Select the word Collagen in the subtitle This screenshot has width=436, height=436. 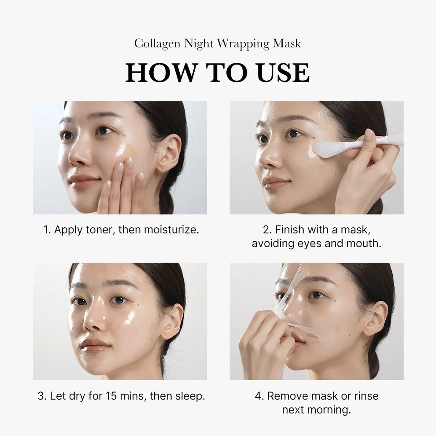[x=157, y=44]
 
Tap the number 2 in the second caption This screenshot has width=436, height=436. [x=266, y=229]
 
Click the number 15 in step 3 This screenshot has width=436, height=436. [x=111, y=395]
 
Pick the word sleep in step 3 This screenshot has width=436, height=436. [x=189, y=395]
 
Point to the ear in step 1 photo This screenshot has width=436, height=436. [x=168, y=152]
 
